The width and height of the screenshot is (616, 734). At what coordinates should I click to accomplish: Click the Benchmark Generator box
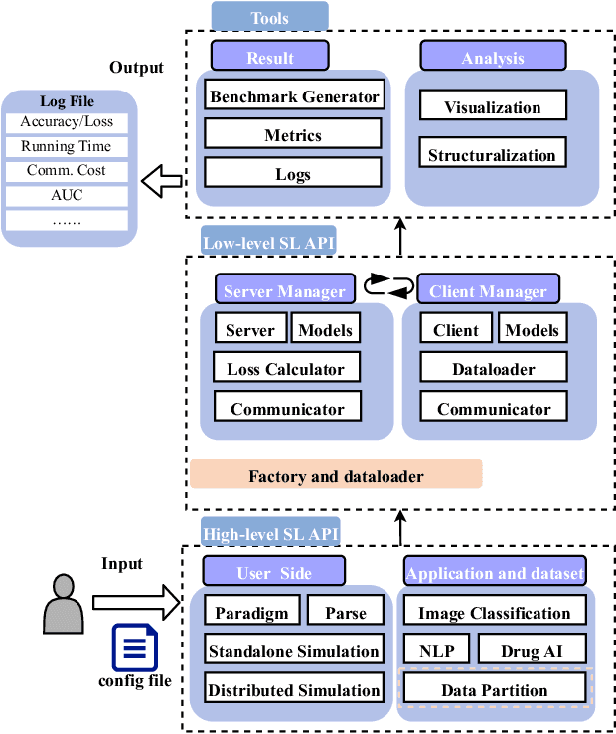click(x=293, y=96)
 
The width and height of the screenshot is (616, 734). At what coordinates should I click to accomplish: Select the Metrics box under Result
click(x=293, y=134)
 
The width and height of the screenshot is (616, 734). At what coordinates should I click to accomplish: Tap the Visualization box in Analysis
click(x=493, y=107)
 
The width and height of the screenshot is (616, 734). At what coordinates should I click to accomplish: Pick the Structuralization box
click(x=493, y=154)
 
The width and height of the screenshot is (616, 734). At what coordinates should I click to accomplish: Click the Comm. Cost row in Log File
click(x=67, y=170)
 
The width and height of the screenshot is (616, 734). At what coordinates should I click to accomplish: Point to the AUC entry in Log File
click(x=67, y=195)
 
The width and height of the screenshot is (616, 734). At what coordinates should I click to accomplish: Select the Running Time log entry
click(x=67, y=146)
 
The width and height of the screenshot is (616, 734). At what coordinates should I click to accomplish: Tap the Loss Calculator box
click(x=286, y=369)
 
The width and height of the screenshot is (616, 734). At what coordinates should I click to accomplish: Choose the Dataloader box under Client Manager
click(x=494, y=369)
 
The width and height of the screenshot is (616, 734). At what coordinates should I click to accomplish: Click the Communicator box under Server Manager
click(x=287, y=409)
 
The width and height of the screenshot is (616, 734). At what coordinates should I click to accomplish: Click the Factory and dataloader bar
click(x=336, y=476)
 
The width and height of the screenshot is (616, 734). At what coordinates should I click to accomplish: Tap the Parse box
click(x=345, y=613)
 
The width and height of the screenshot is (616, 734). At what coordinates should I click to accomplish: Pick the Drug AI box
click(x=530, y=650)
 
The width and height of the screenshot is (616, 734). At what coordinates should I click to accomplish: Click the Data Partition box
click(x=494, y=689)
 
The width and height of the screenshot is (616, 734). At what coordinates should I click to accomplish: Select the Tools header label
click(x=269, y=16)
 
